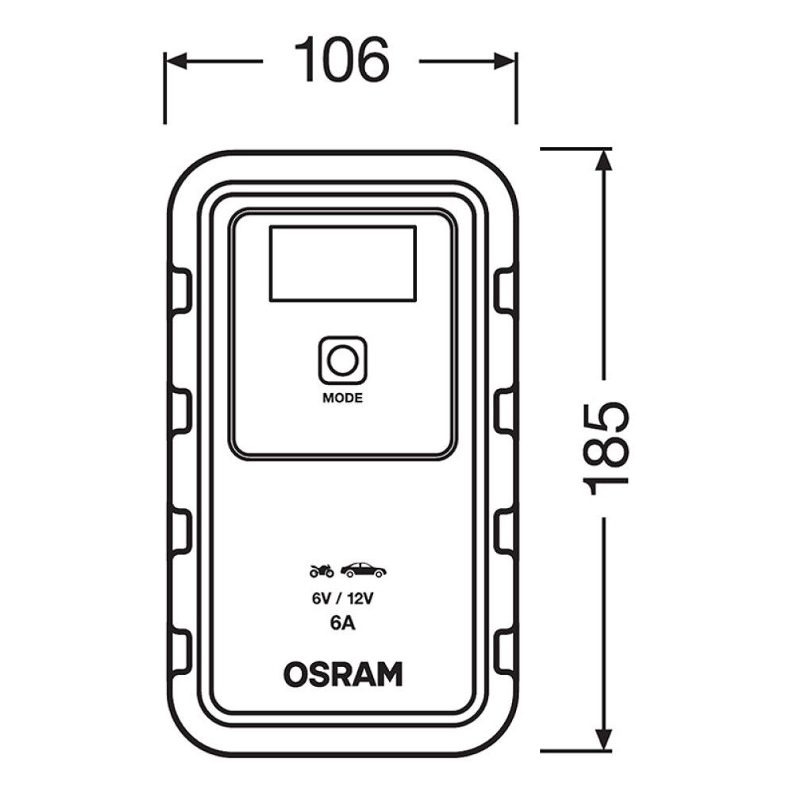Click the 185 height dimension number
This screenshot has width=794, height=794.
click(x=607, y=449)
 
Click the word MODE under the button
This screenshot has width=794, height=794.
click(x=342, y=399)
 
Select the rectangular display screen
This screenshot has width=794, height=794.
click(x=342, y=263)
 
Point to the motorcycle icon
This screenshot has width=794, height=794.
click(x=322, y=570)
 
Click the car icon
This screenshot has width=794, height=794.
click(x=364, y=570)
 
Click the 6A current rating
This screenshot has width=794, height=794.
click(x=342, y=624)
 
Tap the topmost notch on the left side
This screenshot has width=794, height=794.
click(x=181, y=291)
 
